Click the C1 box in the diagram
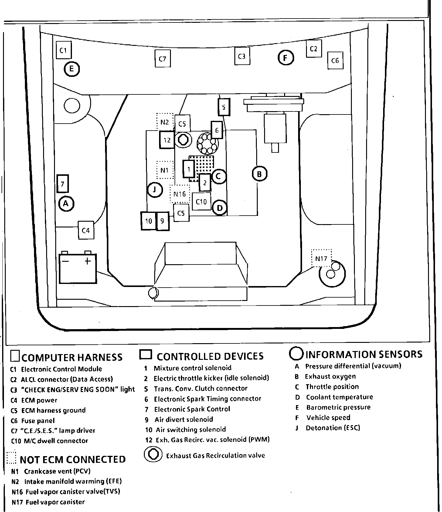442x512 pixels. [64, 50]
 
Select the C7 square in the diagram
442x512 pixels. [162, 59]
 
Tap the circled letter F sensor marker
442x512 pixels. [286, 57]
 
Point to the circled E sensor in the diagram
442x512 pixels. [71, 69]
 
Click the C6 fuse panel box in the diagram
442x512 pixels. [335, 61]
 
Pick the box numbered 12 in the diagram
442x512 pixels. [167, 140]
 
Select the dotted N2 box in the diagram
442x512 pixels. [165, 122]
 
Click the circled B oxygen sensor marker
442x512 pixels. [260, 174]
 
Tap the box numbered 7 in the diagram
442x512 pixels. [63, 184]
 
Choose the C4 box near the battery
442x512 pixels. [86, 230]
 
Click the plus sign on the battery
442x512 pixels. [87, 261]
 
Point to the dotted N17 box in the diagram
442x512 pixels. [321, 258]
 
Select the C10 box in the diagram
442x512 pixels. [201, 201]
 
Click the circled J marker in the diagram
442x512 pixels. [155, 190]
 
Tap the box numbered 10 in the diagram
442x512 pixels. [148, 221]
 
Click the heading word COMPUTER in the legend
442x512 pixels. [48, 357]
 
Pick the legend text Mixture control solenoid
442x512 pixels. [192, 368]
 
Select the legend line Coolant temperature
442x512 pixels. [339, 397]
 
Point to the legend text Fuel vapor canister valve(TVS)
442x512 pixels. [73, 491]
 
